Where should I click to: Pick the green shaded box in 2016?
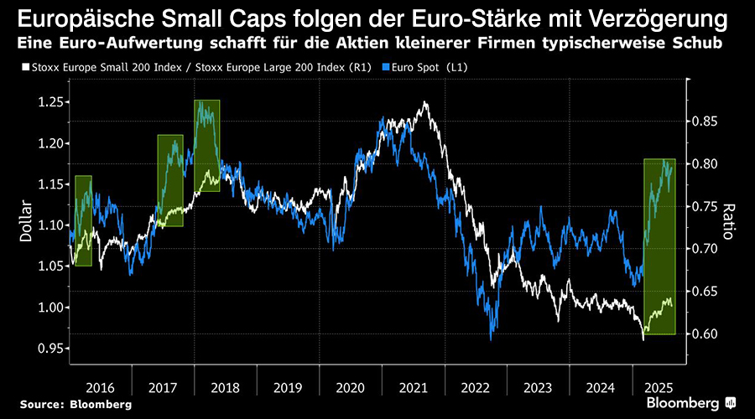[83, 220]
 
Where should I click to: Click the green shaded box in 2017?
[170, 180]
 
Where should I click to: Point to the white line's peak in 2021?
[425, 102]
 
